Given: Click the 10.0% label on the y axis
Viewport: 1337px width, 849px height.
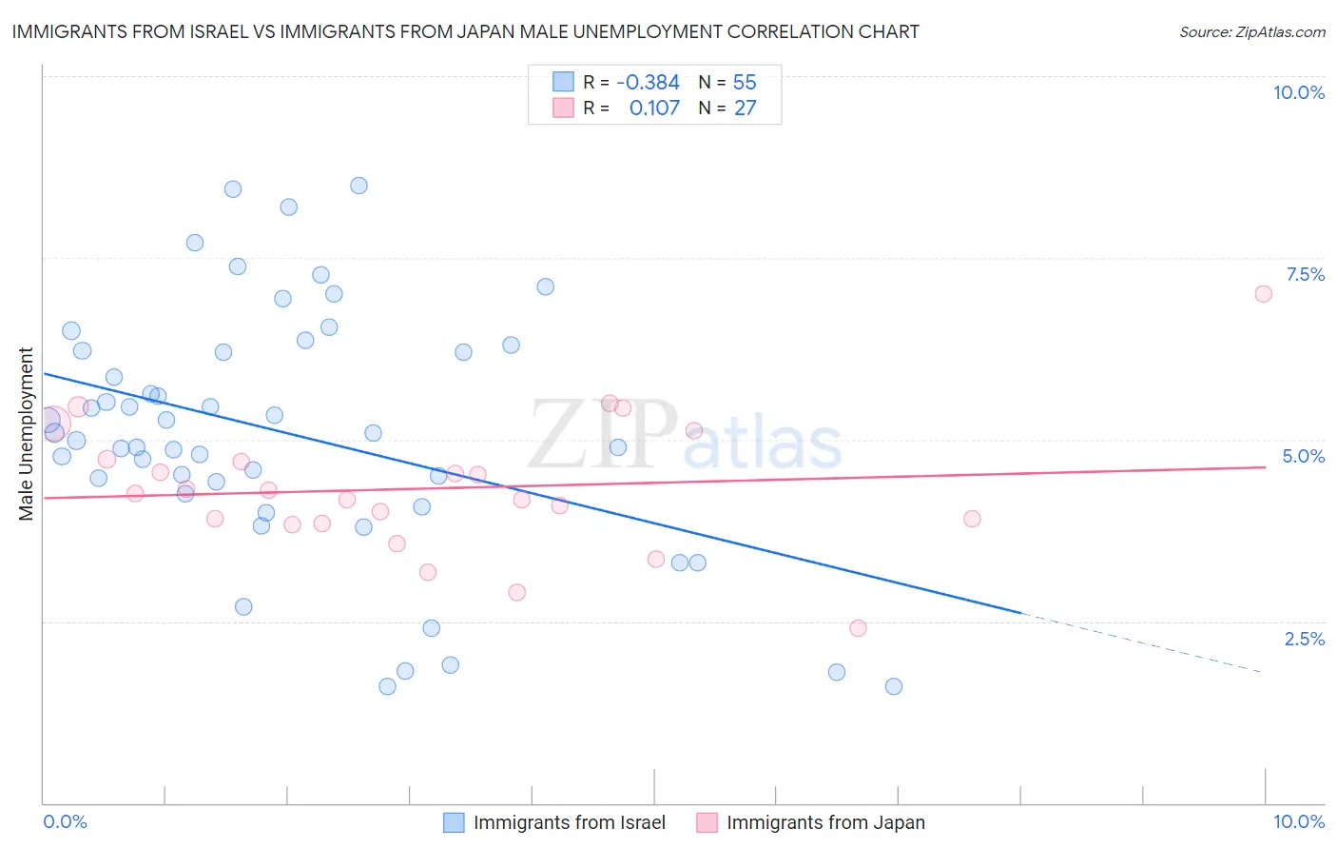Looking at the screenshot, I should pyautogui.click(x=1298, y=92).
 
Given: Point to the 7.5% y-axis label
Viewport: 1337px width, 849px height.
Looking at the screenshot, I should pyautogui.click(x=1305, y=274).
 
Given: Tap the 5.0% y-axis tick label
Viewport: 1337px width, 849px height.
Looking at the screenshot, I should pyautogui.click(x=1303, y=456).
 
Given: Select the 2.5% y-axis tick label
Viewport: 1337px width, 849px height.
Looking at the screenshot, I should pyautogui.click(x=1304, y=639).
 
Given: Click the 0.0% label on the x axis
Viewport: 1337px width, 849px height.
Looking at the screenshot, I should pyautogui.click(x=66, y=821).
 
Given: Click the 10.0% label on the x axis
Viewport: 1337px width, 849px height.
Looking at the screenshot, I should pyautogui.click(x=1298, y=821).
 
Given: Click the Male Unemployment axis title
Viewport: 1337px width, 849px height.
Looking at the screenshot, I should pyautogui.click(x=27, y=434).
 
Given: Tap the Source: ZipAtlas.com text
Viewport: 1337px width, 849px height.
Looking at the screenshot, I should pyautogui.click(x=1251, y=32).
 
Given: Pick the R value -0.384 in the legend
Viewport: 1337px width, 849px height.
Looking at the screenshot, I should pyautogui.click(x=648, y=83).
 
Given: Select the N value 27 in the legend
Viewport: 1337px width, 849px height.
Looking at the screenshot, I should pyautogui.click(x=745, y=109).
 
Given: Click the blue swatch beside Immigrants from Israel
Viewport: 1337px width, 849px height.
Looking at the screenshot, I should pyautogui.click(x=454, y=822).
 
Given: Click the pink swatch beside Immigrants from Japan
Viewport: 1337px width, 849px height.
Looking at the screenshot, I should pyautogui.click(x=707, y=822).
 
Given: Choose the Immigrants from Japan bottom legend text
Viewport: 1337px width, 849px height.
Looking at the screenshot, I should pyautogui.click(x=824, y=822).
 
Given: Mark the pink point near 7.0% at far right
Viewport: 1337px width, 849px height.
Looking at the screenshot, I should pyautogui.click(x=1263, y=294).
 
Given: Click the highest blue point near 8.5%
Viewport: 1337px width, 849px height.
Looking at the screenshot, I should pyautogui.click(x=358, y=186).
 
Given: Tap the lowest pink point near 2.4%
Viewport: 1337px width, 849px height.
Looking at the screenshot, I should pyautogui.click(x=858, y=628).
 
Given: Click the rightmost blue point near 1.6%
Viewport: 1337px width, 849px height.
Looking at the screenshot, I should pyautogui.click(x=893, y=686).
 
